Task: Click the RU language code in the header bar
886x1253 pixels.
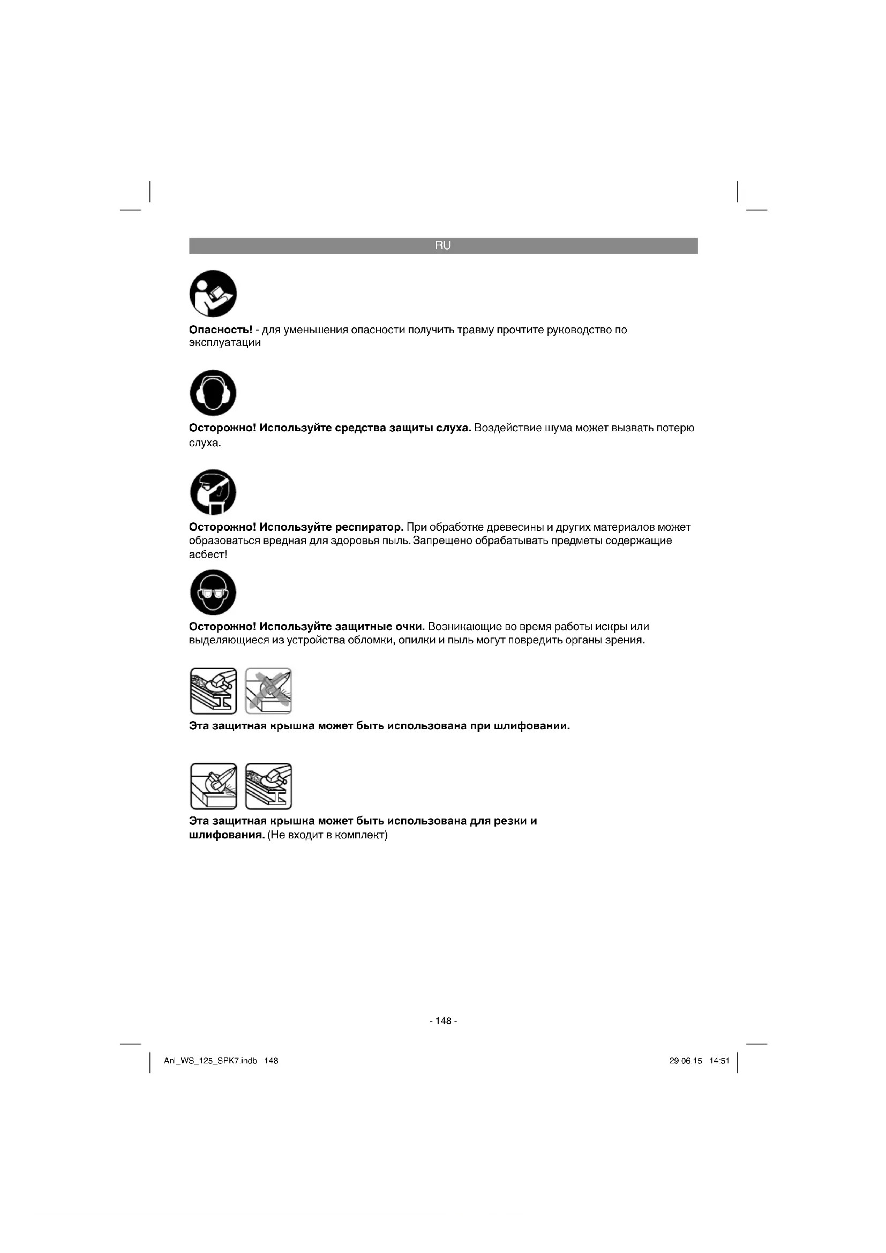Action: click(x=443, y=245)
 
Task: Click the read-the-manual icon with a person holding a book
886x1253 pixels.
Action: click(x=213, y=294)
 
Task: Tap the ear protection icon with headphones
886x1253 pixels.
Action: click(x=213, y=393)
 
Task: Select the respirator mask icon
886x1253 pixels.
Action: click(x=213, y=492)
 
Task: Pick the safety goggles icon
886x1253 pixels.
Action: click(x=213, y=592)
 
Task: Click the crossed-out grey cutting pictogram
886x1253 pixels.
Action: click(x=268, y=691)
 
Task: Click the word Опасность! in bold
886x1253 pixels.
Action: click(x=220, y=330)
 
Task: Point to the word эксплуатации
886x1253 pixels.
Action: click(x=225, y=343)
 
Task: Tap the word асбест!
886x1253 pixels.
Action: click(x=208, y=555)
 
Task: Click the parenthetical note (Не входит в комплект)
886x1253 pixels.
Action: click(x=327, y=836)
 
